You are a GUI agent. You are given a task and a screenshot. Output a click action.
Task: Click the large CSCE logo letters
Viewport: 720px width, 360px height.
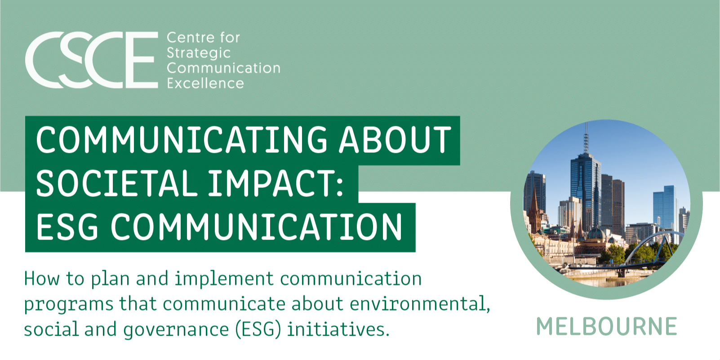(x=92, y=60)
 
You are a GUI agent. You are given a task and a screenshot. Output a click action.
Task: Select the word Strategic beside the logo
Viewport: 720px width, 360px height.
(x=198, y=53)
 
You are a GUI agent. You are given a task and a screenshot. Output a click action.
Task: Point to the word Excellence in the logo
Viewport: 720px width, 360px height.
(x=205, y=84)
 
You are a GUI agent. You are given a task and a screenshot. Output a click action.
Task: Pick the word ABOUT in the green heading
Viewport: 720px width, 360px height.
(x=395, y=140)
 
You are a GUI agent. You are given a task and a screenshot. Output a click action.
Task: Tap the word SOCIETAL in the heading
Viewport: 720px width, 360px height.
(x=115, y=184)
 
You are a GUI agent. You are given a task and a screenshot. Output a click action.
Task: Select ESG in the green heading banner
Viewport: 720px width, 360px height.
(x=67, y=227)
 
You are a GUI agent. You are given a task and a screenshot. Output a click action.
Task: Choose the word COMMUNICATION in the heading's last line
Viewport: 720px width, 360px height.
(x=257, y=227)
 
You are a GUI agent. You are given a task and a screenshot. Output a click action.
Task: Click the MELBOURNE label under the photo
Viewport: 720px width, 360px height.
(x=606, y=327)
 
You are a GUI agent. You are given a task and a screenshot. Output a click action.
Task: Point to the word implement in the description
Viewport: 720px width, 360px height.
(x=224, y=279)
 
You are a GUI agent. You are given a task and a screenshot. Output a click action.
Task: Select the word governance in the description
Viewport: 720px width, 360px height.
(x=176, y=330)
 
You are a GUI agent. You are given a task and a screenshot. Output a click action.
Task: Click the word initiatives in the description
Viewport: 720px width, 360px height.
(x=338, y=329)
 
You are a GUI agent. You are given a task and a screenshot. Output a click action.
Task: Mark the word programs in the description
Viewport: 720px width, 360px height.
(x=68, y=305)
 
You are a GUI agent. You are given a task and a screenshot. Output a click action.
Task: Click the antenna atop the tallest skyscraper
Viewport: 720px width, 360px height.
(x=586, y=137)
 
